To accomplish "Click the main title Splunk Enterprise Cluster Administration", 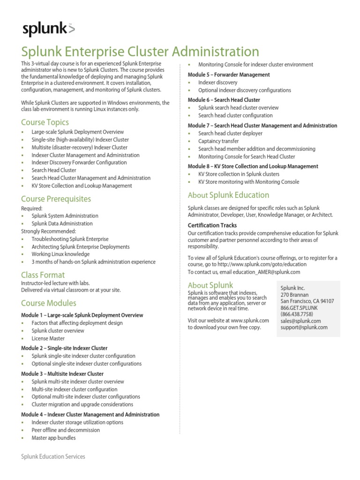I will click(x=140, y=52).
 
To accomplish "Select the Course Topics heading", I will click(x=45, y=122).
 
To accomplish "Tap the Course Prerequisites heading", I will click(x=56, y=199).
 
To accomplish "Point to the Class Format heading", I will click(x=43, y=275).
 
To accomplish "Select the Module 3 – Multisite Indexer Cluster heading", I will click(x=62, y=374).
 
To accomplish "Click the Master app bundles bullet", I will click(x=53, y=438).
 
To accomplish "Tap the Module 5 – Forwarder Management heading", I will click(x=229, y=75).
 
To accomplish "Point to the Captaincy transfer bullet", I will click(x=218, y=141).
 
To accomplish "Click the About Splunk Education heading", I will click(x=228, y=195).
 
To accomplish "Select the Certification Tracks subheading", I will click(x=212, y=225).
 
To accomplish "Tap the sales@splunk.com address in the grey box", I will click(x=300, y=321).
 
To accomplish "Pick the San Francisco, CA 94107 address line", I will click(x=307, y=301).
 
